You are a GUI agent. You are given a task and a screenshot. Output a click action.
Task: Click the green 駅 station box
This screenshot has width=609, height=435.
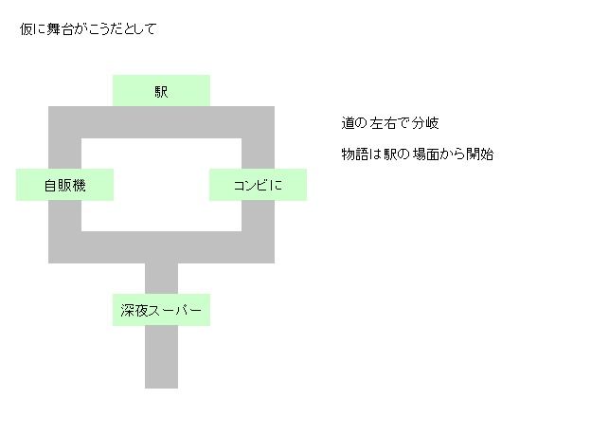161,91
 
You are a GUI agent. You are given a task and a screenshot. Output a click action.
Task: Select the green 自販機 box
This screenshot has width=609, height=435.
64,185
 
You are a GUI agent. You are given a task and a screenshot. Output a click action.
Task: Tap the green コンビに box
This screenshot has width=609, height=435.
258,185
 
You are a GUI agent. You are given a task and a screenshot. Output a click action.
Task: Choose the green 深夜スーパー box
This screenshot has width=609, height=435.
161,310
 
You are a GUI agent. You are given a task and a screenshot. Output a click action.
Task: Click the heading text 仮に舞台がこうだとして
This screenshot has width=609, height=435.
88,29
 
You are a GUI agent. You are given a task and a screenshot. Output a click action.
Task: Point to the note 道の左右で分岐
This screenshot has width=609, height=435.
390,124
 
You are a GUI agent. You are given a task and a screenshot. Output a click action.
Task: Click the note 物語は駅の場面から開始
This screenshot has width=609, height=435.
418,154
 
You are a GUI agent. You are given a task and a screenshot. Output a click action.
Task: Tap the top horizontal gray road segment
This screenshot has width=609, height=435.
161,122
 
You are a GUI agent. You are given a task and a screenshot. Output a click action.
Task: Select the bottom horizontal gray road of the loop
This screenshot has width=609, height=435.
161,247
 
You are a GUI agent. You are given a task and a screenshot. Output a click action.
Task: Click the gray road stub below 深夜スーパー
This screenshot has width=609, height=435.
161,357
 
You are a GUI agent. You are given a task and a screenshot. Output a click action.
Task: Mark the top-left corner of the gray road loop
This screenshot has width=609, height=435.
64,122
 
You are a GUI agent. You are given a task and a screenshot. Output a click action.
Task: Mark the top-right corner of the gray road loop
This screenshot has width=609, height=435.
259,122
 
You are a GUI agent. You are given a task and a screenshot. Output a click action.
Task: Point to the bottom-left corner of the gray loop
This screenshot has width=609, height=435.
64,247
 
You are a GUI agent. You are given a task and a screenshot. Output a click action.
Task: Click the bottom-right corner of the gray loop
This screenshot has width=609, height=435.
259,247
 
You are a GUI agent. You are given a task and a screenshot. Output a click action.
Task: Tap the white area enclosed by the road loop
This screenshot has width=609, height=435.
161,185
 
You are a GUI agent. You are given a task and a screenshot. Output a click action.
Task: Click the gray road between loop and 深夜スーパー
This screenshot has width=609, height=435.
161,279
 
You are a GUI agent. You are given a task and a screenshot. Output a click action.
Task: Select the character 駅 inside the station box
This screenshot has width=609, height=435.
161,92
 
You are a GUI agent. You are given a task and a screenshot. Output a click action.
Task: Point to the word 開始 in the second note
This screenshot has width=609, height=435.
480,154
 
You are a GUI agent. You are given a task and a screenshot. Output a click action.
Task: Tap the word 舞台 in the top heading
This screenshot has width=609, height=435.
57,29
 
